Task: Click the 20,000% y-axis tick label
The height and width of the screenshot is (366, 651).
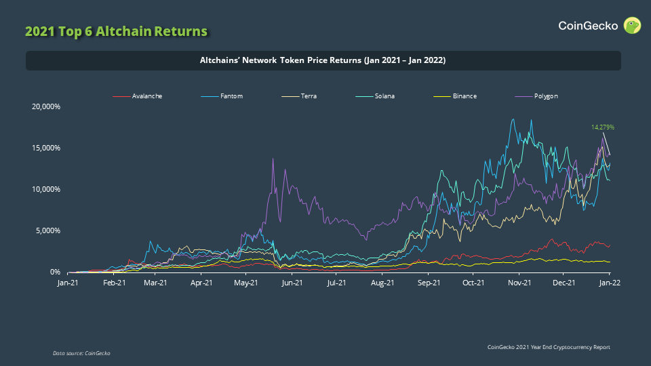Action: point(46,106)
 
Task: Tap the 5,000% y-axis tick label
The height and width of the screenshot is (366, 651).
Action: point(48,230)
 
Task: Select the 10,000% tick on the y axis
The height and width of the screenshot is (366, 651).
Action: point(46,189)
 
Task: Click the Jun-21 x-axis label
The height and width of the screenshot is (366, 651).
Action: point(292,282)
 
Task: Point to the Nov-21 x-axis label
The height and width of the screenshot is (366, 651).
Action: point(519,282)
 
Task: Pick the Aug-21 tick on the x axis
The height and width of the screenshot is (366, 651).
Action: point(382,282)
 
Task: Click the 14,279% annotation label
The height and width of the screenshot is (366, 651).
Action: point(603,127)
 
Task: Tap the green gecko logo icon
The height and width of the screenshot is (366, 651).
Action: point(632,26)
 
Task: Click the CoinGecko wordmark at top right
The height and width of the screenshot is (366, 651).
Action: point(588,26)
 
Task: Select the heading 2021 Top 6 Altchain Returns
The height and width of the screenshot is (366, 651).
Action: point(116,31)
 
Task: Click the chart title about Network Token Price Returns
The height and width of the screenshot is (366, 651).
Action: point(323,60)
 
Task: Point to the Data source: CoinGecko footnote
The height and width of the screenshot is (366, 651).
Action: point(81,353)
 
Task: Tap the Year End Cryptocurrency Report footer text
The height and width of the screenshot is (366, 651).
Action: point(549,347)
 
